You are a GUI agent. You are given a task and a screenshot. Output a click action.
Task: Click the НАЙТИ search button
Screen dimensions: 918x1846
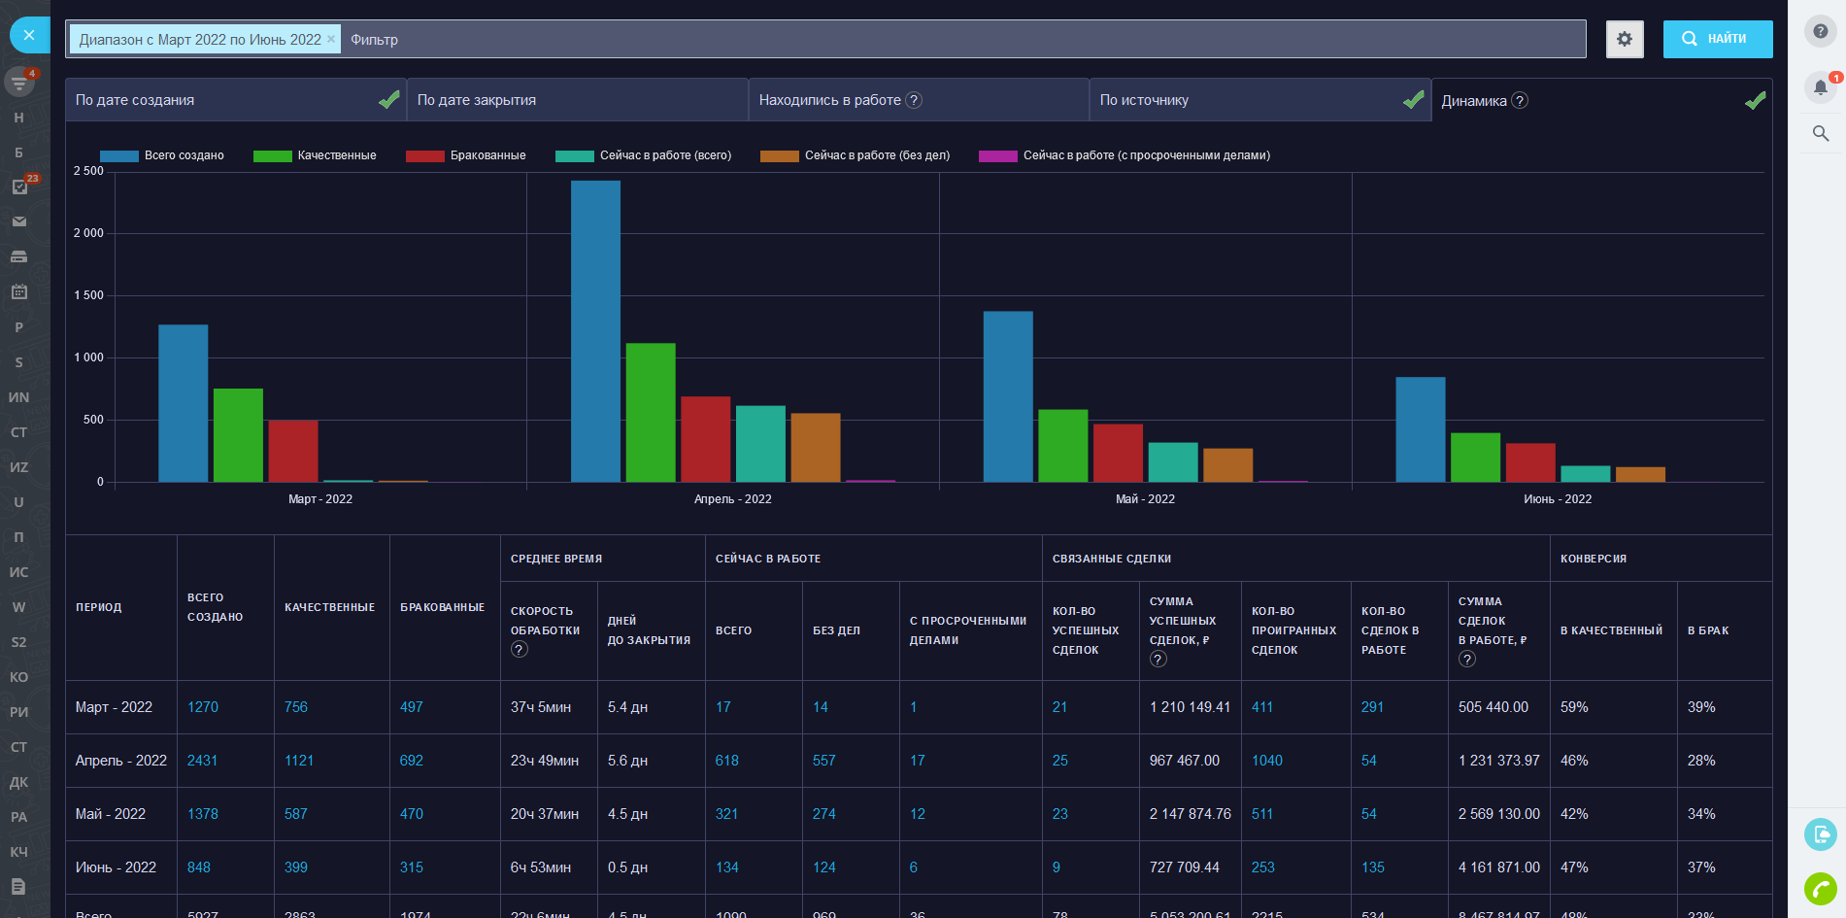1717,39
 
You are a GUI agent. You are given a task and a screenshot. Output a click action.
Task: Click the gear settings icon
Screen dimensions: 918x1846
1625,40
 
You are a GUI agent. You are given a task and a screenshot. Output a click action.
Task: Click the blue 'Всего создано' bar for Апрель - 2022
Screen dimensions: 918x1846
595,330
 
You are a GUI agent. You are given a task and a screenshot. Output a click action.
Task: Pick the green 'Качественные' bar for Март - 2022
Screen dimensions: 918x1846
238,435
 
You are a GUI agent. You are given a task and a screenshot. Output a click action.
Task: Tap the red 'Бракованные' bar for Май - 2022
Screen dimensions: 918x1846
1118,453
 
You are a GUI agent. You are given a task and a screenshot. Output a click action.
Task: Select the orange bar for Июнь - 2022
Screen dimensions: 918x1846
1640,474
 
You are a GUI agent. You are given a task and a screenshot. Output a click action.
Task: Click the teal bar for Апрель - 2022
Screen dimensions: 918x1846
760,444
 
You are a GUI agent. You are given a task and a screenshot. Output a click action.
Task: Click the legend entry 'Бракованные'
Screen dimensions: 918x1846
487,155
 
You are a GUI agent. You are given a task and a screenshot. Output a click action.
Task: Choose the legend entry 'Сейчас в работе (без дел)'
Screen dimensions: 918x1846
876,155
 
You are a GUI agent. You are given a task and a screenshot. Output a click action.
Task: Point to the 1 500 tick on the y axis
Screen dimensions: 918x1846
88,295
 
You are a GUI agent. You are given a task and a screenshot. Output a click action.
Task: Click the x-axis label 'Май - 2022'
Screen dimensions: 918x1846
1145,499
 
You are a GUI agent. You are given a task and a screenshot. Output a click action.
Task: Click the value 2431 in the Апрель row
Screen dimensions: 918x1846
202,761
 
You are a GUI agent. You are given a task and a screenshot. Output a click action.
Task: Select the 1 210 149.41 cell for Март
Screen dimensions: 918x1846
1190,707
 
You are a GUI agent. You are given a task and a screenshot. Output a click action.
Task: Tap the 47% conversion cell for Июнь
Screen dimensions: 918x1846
1574,867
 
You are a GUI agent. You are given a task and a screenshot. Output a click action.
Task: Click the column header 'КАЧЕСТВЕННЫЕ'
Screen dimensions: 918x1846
329,607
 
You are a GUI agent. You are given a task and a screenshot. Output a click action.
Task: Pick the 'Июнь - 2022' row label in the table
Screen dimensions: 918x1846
116,867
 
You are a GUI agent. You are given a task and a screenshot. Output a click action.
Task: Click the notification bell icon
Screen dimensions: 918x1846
1821,87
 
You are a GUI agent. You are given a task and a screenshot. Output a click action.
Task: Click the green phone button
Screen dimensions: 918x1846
1821,888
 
